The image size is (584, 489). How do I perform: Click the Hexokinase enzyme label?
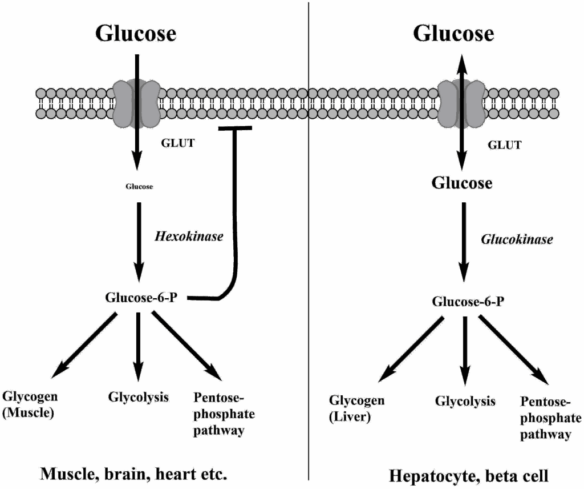pyautogui.click(x=189, y=235)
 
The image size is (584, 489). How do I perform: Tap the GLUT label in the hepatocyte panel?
pyautogui.click(x=504, y=145)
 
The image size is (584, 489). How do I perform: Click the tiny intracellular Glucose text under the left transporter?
pyautogui.click(x=139, y=186)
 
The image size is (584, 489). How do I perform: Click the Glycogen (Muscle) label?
pyautogui.click(x=30, y=405)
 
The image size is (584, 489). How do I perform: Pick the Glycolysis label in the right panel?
pyautogui.click(x=465, y=401)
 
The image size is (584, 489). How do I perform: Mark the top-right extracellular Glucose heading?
pyautogui.click(x=453, y=33)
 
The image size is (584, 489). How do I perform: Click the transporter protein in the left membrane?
pyautogui.click(x=136, y=102)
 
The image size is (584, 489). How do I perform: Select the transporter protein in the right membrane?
pyautogui.click(x=461, y=103)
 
